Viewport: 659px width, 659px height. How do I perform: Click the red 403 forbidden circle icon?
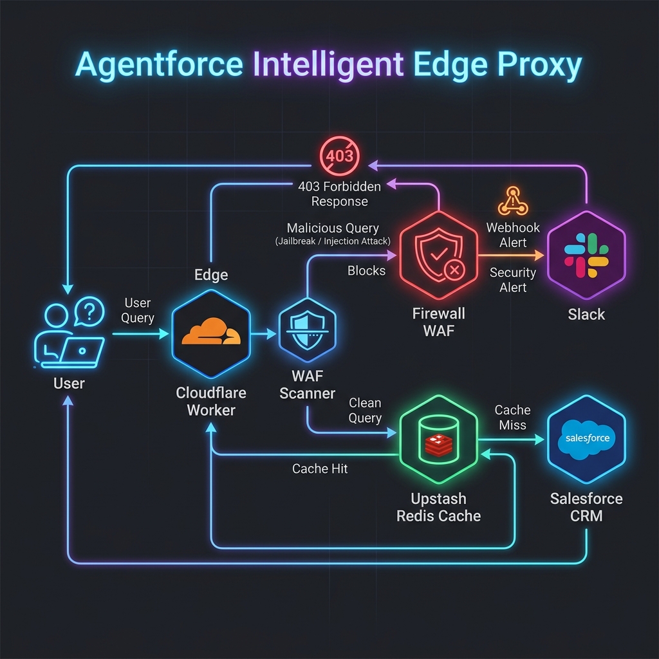coord(340,156)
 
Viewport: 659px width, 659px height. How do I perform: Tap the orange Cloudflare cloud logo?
coord(211,331)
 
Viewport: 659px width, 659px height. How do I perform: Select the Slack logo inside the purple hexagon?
coord(586,255)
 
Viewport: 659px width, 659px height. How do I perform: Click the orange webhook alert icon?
coord(513,201)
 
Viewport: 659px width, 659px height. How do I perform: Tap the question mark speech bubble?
coord(89,311)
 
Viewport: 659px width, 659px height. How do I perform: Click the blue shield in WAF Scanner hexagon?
coord(307,330)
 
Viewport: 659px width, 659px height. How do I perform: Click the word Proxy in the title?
coord(540,65)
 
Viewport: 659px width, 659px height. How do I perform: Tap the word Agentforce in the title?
coord(160,64)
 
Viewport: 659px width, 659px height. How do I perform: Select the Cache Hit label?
coord(320,469)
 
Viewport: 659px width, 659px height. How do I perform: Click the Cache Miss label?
coord(512,417)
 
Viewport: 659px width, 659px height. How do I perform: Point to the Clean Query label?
coord(365,411)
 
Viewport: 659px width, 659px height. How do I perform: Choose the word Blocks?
coord(366,271)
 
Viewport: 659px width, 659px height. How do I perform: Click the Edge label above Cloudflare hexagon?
coord(211,275)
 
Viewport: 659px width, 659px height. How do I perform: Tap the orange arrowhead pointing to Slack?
coord(539,255)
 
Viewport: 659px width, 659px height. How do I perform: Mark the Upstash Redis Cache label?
coord(439,507)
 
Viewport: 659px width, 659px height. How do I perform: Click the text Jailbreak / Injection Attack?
coord(333,241)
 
